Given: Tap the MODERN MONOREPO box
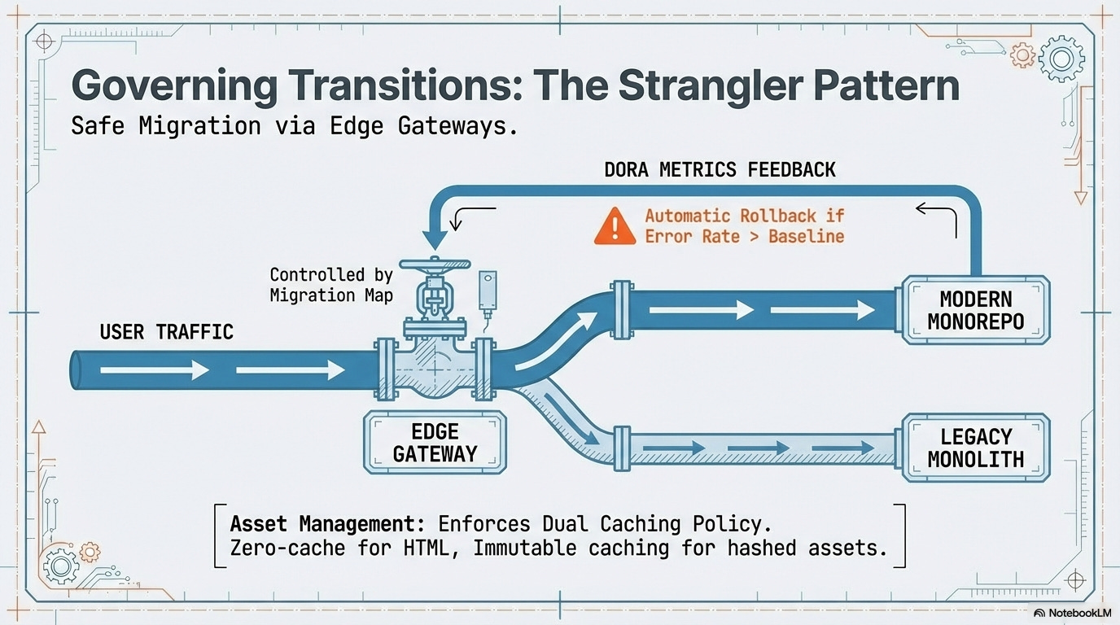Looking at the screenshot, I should (975, 309).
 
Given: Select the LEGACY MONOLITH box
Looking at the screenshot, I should (975, 448).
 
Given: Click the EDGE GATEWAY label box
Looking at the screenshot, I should (435, 442).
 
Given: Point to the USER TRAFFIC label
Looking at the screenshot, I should (166, 332).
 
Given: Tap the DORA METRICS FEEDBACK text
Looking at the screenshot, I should (720, 170).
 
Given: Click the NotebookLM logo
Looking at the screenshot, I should (1073, 613).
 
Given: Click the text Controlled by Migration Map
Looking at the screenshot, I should (331, 285).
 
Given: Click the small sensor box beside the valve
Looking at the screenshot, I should (488, 287).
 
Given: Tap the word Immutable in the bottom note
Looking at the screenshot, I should (523, 548).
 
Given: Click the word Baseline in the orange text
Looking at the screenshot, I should (806, 237).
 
